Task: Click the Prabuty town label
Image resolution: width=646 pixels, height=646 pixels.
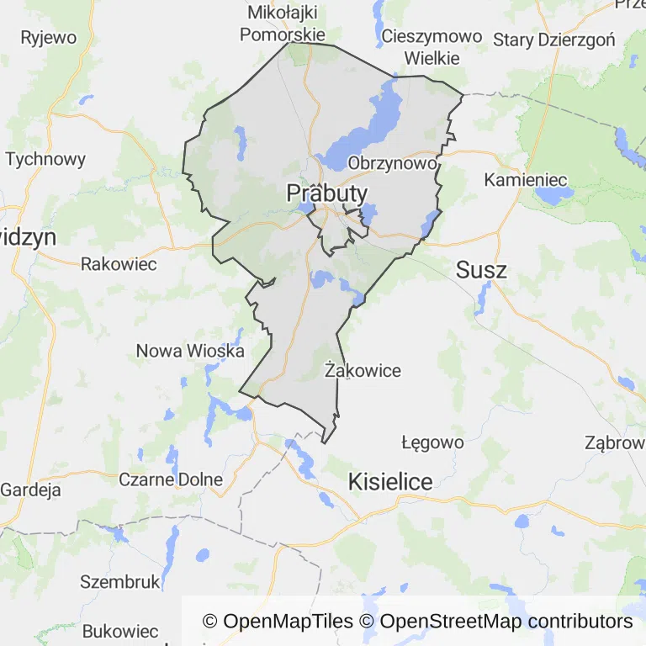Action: [327, 193]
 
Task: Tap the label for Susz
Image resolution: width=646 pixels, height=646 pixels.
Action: [481, 270]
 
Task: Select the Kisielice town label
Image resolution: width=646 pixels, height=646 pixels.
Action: [390, 482]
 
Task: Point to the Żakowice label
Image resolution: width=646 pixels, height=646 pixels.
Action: [363, 370]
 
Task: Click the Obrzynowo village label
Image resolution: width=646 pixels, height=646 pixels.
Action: [393, 163]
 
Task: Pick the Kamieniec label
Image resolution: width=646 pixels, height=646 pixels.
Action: [526, 180]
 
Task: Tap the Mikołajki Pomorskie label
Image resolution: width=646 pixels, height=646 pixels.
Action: [283, 24]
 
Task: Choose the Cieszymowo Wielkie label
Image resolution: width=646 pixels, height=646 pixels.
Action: [432, 47]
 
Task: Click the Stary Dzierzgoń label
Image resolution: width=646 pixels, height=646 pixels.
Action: [554, 40]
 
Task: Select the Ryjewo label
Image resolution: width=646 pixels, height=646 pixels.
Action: [48, 38]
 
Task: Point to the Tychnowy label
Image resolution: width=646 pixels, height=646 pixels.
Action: [45, 159]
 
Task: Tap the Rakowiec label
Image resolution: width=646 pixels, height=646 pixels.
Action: [119, 264]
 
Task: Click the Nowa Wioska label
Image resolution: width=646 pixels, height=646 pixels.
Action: [190, 351]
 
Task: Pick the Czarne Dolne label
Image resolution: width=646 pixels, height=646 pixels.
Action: [171, 479]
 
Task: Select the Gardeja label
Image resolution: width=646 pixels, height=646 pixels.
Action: [31, 489]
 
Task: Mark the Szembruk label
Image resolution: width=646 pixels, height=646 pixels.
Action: [119, 581]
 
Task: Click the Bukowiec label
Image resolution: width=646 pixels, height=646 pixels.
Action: [119, 632]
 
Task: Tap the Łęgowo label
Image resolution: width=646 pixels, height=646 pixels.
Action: [432, 442]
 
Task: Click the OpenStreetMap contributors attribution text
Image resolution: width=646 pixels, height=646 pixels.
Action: [506, 622]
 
